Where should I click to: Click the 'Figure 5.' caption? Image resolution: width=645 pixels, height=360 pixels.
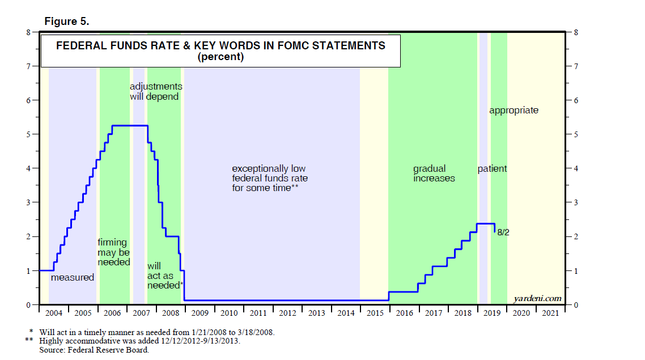pyautogui.click(x=66, y=21)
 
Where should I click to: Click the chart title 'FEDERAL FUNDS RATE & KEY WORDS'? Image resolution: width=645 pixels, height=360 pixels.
pyautogui.click(x=220, y=46)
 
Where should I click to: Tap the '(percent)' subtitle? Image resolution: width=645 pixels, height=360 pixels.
pyautogui.click(x=220, y=57)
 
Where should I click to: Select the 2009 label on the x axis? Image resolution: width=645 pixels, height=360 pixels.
pyautogui.click(x=200, y=313)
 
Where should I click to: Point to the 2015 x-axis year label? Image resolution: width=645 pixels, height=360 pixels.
pyautogui.click(x=375, y=313)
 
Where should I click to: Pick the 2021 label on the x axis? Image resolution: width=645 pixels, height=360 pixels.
pyautogui.click(x=551, y=313)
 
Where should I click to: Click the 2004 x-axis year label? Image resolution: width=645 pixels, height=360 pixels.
pyautogui.click(x=53, y=313)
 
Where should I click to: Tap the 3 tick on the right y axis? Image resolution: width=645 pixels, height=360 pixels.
pyautogui.click(x=576, y=202)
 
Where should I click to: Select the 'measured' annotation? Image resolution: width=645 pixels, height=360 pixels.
pyautogui.click(x=73, y=278)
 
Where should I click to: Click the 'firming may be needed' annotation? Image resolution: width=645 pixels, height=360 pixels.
pyautogui.click(x=114, y=252)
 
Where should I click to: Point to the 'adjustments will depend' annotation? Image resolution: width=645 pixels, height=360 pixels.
pyautogui.click(x=156, y=91)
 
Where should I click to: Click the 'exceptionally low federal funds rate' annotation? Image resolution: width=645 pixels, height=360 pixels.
pyautogui.click(x=270, y=178)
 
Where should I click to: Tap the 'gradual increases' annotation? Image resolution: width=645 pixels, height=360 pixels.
pyautogui.click(x=434, y=173)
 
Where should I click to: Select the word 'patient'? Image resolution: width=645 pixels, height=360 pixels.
pyautogui.click(x=492, y=168)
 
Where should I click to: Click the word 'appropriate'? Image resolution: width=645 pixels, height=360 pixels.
pyautogui.click(x=514, y=110)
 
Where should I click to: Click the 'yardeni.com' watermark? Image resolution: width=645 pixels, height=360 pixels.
pyautogui.click(x=537, y=298)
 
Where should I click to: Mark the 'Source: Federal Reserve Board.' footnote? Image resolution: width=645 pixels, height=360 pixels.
pyautogui.click(x=94, y=350)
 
